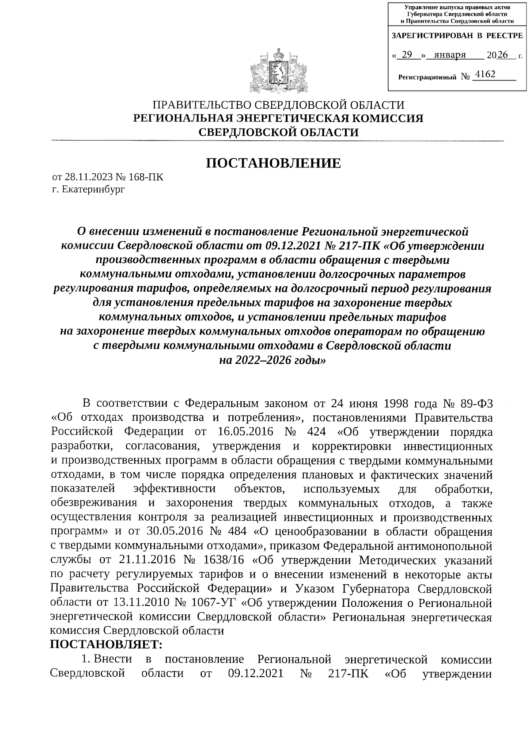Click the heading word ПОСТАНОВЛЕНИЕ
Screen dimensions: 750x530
point(273,164)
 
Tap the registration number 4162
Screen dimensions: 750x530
point(485,74)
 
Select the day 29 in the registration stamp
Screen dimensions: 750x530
point(407,55)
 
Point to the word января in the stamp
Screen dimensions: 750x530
point(450,55)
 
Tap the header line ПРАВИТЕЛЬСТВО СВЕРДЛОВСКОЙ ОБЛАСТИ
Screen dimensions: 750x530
point(278,105)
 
